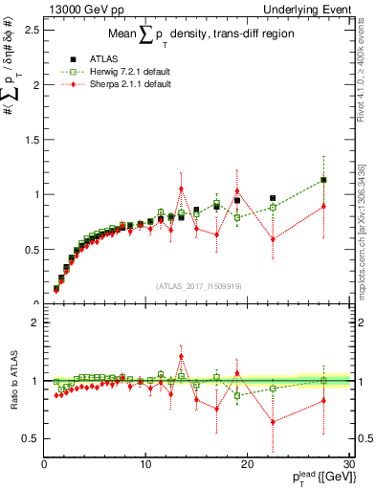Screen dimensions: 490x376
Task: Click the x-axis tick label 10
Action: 145,465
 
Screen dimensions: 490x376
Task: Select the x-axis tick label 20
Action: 247,465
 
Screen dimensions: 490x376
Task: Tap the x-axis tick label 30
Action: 348,465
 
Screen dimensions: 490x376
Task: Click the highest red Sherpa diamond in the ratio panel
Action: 181,357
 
